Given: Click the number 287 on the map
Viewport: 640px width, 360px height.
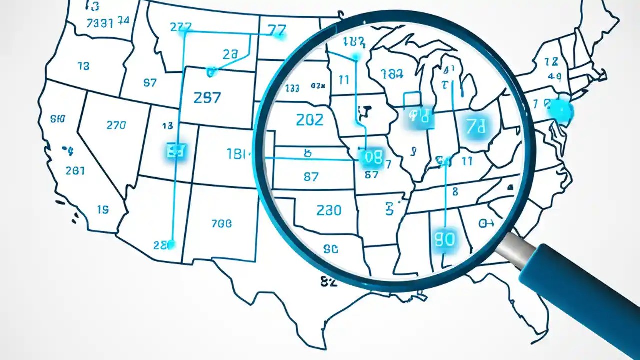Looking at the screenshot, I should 207,97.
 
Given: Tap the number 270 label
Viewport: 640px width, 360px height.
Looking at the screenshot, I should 116,125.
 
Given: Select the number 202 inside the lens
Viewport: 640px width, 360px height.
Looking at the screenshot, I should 309,120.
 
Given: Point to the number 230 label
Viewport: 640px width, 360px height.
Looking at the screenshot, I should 329,210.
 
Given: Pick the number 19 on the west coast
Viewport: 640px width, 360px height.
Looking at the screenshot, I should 102,210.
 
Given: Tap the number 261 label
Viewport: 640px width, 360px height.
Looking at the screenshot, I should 75,170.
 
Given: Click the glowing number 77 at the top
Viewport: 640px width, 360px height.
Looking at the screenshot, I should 277,31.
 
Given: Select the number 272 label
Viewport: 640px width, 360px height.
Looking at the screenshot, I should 181,27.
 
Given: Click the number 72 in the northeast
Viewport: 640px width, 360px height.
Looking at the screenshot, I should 551,62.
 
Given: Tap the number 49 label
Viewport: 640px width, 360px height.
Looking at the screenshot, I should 554,76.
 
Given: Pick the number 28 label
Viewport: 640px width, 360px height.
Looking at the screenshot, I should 230,55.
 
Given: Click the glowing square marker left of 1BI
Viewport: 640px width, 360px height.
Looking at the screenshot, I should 175,151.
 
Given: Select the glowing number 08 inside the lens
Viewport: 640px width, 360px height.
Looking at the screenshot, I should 372,158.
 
